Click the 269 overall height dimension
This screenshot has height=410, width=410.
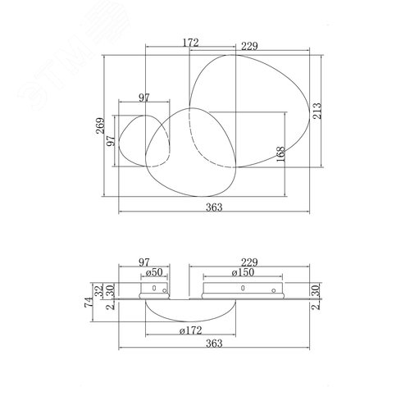point(100,125)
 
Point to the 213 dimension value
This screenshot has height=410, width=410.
point(317,111)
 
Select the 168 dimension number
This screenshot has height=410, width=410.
point(280,154)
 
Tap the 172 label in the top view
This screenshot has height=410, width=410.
point(190,43)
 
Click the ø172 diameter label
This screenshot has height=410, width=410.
point(191,330)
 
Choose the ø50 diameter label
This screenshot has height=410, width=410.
point(154,272)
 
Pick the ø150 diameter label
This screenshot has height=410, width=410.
point(243,272)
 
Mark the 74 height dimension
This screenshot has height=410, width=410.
point(89,302)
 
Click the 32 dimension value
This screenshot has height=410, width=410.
point(99,290)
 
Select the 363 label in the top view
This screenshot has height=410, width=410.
point(214,207)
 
